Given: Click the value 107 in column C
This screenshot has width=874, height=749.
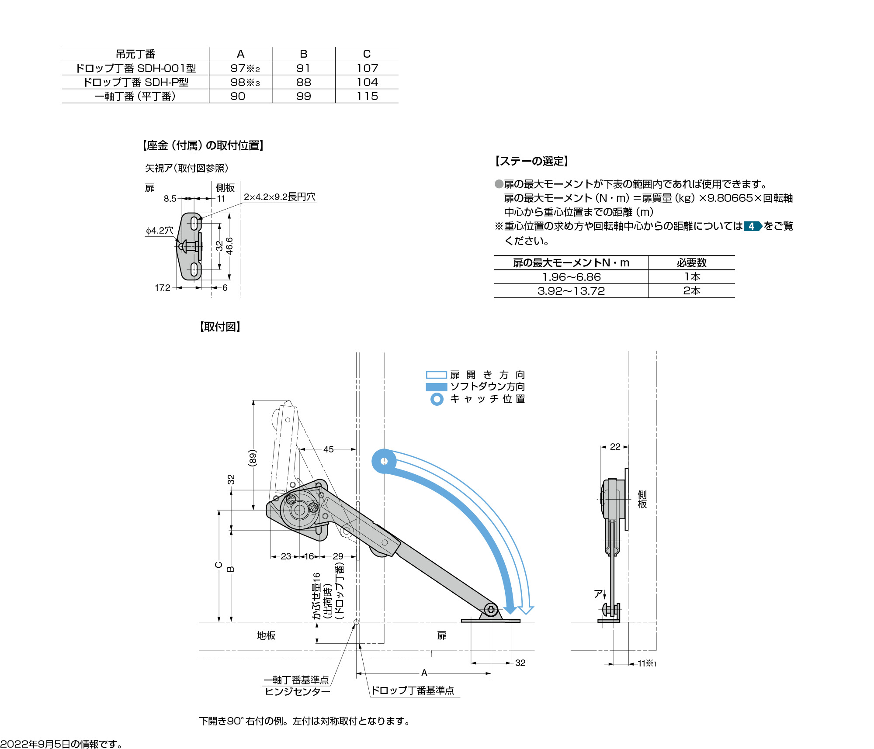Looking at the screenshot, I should pyautogui.click(x=367, y=68).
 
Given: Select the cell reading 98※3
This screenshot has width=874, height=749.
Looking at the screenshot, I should pyautogui.click(x=245, y=82).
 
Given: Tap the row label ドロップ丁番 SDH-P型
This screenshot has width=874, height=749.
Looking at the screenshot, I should pyautogui.click(x=135, y=82).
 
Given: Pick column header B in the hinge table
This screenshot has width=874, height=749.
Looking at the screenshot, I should pyautogui.click(x=304, y=54).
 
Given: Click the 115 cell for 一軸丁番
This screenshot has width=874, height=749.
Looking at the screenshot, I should pyautogui.click(x=367, y=96).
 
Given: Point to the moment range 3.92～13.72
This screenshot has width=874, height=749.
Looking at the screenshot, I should pyautogui.click(x=571, y=291).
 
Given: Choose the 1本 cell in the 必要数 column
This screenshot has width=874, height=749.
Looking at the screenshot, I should pyautogui.click(x=692, y=277).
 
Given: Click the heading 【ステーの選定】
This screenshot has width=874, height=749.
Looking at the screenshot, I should pyautogui.click(x=531, y=161).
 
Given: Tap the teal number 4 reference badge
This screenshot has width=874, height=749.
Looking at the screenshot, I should pyautogui.click(x=752, y=226).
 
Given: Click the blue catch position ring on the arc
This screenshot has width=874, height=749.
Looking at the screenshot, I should pyautogui.click(x=384, y=461).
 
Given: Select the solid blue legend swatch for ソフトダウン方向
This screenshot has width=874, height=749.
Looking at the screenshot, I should pyautogui.click(x=436, y=387).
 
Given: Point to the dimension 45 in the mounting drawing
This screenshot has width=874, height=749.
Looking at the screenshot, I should pyautogui.click(x=328, y=449).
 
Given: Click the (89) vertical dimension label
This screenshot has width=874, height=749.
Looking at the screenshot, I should pyautogui.click(x=252, y=458).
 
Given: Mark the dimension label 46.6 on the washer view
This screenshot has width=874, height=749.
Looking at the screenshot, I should pyautogui.click(x=229, y=246).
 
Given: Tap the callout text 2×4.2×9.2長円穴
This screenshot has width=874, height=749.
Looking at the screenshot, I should pyautogui.click(x=280, y=197).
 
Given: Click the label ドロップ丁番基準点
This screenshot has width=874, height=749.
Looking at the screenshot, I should pyautogui.click(x=413, y=690).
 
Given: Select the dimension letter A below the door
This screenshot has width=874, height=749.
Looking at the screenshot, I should pyautogui.click(x=424, y=673).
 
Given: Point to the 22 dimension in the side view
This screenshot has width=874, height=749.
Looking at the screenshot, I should pyautogui.click(x=615, y=446).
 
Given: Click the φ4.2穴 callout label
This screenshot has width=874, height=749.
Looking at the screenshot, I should pyautogui.click(x=160, y=230).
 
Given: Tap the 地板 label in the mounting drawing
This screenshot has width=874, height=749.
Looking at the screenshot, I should pyautogui.click(x=266, y=635).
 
